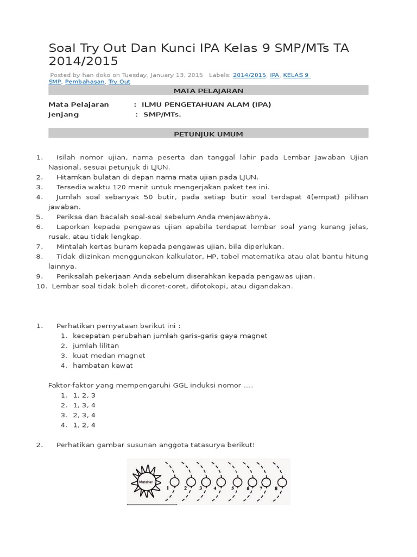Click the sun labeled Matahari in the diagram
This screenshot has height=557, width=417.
click(146, 481)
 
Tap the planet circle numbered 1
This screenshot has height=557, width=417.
click(175, 481)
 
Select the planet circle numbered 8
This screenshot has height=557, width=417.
click(282, 481)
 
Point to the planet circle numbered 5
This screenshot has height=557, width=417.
click(236, 481)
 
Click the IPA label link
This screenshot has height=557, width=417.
click(274, 75)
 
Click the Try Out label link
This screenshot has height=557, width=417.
click(119, 82)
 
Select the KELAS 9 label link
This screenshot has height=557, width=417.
click(296, 75)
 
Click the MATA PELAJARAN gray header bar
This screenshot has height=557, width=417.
click(208, 90)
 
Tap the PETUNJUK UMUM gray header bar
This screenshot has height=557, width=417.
click(208, 133)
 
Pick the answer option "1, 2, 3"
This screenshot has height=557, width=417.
click(84, 395)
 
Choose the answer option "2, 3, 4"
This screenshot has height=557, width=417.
click(84, 415)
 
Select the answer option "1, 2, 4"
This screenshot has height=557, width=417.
click(84, 425)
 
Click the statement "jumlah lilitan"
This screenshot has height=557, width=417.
click(96, 345)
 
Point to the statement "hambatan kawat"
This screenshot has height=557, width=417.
click(103, 366)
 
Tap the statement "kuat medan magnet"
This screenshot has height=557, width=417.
click(109, 356)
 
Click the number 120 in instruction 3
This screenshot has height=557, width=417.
click(106, 187)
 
